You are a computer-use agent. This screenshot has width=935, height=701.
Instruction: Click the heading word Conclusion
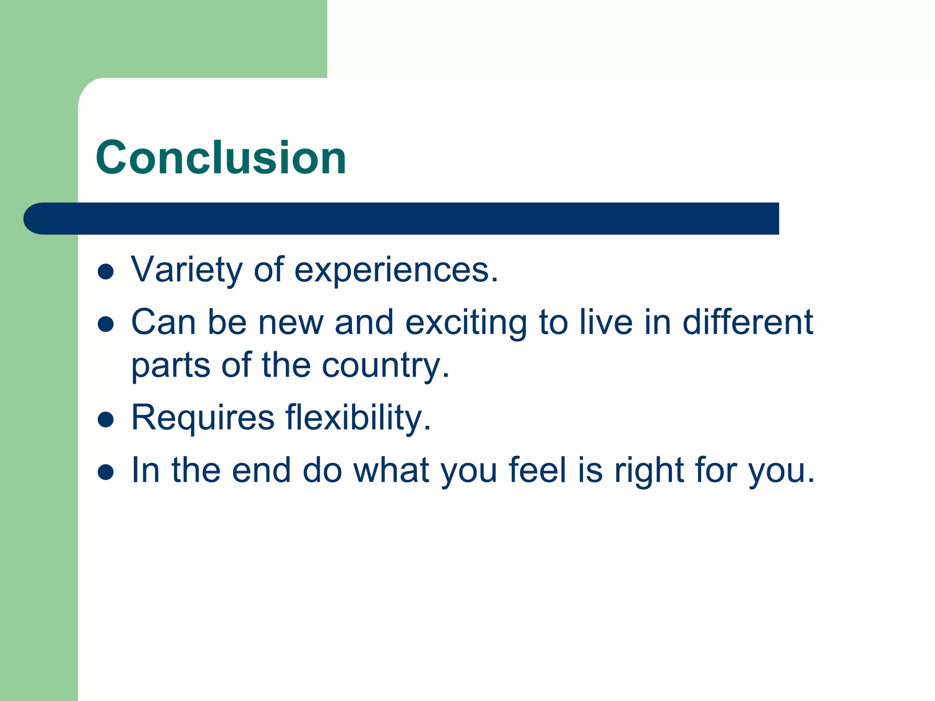(221, 157)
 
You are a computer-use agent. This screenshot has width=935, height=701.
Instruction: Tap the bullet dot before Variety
(105, 272)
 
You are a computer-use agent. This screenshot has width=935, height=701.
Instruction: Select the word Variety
(187, 270)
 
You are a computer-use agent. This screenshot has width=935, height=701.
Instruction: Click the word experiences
(396, 270)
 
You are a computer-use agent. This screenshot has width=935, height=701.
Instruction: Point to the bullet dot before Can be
(105, 324)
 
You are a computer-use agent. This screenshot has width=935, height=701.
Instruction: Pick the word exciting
(466, 323)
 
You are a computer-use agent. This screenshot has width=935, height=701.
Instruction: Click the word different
(747, 322)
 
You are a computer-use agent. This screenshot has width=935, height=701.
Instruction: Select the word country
(386, 366)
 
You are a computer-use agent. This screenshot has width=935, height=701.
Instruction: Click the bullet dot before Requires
(105, 419)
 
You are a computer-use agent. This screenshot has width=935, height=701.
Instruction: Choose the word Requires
(203, 417)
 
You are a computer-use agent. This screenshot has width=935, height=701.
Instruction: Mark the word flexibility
(358, 417)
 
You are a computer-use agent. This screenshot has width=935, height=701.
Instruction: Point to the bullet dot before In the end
(105, 472)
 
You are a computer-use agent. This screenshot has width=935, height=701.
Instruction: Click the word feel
(537, 470)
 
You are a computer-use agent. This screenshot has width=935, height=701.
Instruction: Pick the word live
(606, 322)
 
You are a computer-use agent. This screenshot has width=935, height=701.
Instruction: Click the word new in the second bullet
(291, 323)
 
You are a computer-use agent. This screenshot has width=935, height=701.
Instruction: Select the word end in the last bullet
(261, 470)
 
